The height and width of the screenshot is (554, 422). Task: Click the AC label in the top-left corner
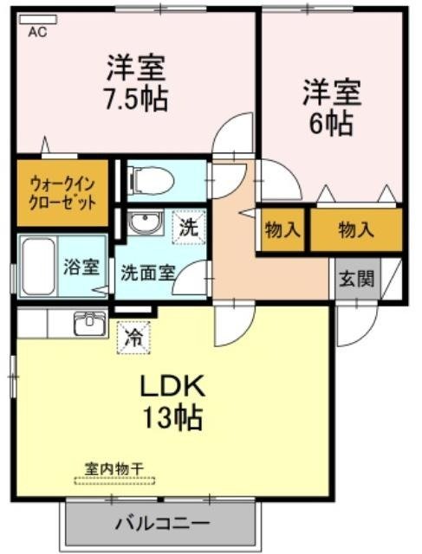37,33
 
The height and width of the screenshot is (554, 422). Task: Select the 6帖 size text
331,122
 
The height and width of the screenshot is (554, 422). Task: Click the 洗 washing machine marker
189,229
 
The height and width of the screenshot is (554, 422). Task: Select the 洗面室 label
148,269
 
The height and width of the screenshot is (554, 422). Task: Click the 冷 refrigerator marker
133,337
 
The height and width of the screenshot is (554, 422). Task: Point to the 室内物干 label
114,467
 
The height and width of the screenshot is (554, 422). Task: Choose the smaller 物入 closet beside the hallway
282,230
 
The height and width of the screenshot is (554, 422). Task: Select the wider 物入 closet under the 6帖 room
356,230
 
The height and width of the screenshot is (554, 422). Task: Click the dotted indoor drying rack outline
114,479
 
